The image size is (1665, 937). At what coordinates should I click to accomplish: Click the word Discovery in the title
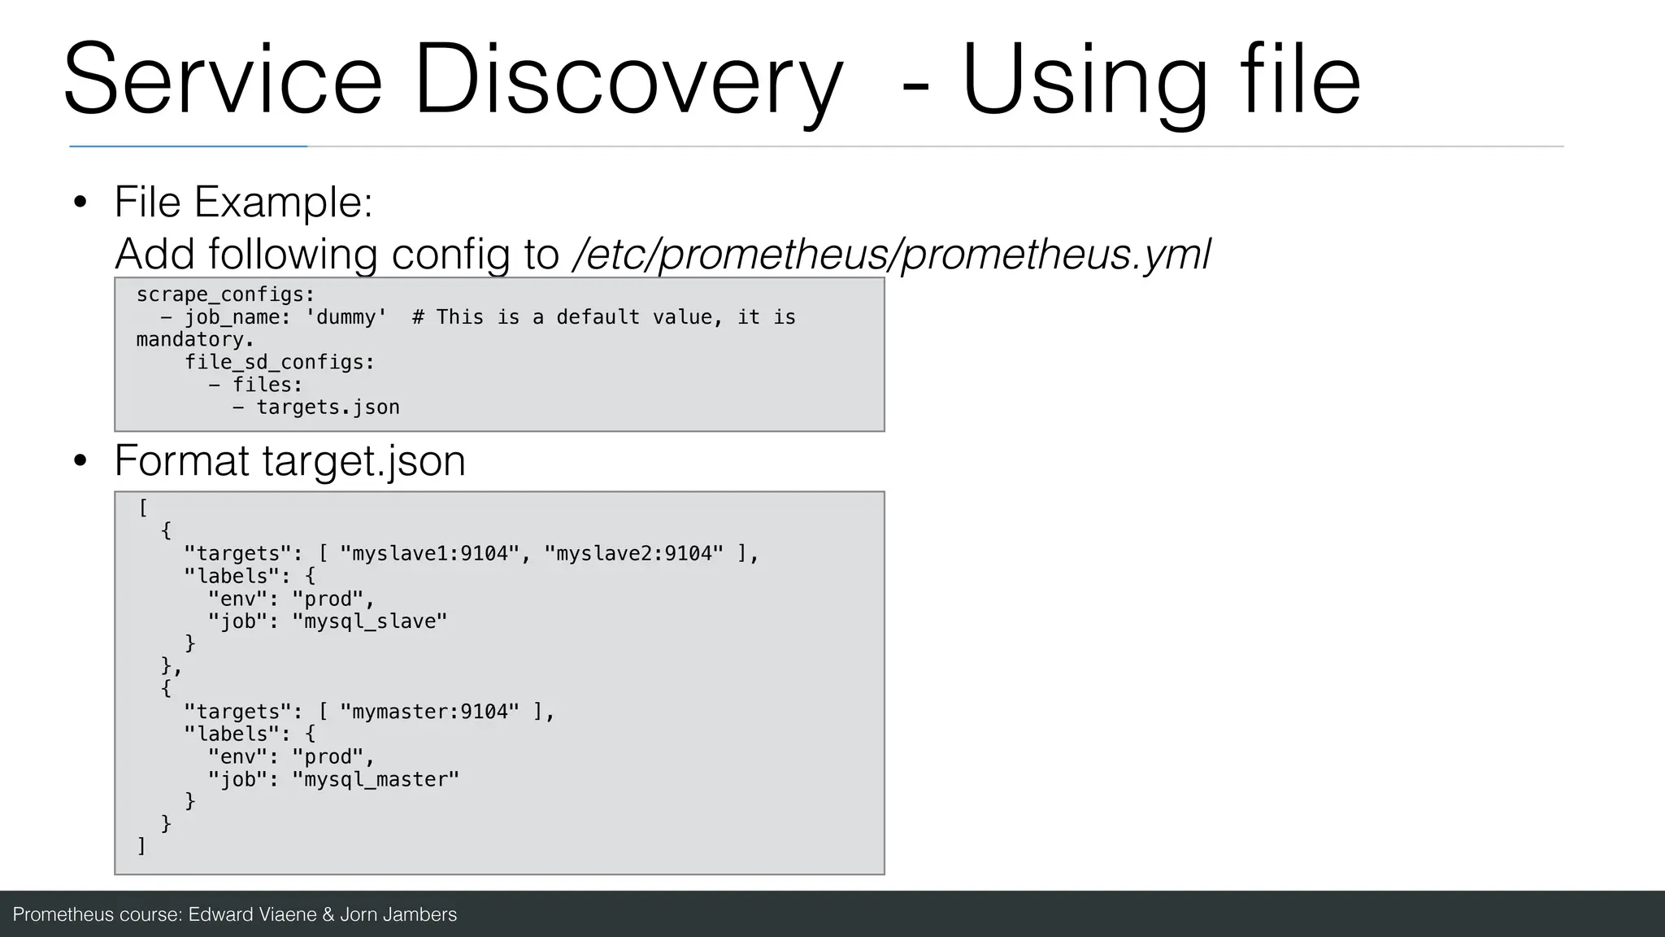point(628,81)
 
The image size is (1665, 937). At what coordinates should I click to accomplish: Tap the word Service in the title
point(222,81)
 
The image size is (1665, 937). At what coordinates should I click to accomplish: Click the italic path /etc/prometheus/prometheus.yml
point(892,254)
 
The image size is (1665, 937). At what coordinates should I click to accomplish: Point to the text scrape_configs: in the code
point(225,294)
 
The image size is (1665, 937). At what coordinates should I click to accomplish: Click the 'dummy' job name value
point(346,317)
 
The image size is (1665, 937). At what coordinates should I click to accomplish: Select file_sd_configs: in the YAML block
point(280,362)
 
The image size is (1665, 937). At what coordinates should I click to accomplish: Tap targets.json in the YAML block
point(328,407)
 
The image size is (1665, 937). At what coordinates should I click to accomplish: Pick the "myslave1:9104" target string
point(430,554)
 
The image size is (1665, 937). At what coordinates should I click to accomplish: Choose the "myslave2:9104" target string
point(634,554)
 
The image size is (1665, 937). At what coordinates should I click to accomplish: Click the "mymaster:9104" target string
point(430,712)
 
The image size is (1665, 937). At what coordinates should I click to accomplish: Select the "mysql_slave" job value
point(370,621)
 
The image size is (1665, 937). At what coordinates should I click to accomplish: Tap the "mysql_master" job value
point(376,779)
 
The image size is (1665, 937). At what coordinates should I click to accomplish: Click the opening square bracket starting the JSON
point(143,508)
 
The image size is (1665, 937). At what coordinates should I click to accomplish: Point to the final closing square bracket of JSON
point(141,846)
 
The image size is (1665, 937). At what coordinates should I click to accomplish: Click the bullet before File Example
point(79,203)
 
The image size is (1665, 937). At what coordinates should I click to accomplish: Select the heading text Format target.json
point(289,461)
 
